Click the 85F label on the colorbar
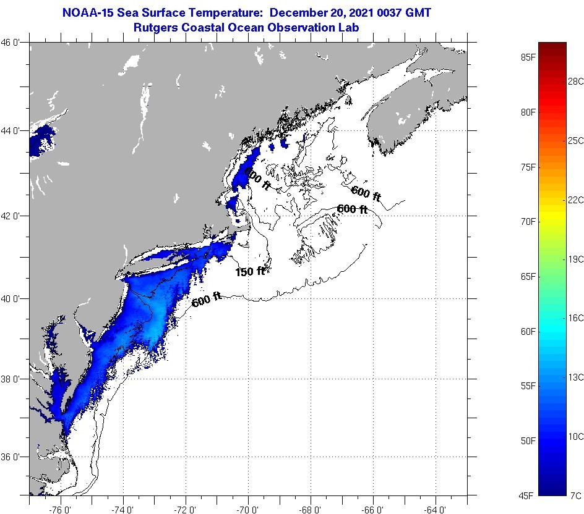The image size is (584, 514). (528, 57)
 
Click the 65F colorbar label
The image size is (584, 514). (528, 276)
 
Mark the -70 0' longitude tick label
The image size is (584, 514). (248, 510)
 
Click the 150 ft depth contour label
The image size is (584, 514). (250, 271)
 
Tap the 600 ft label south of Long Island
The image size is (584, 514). (207, 300)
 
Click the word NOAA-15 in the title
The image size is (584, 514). (90, 12)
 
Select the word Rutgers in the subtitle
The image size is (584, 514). (155, 27)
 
